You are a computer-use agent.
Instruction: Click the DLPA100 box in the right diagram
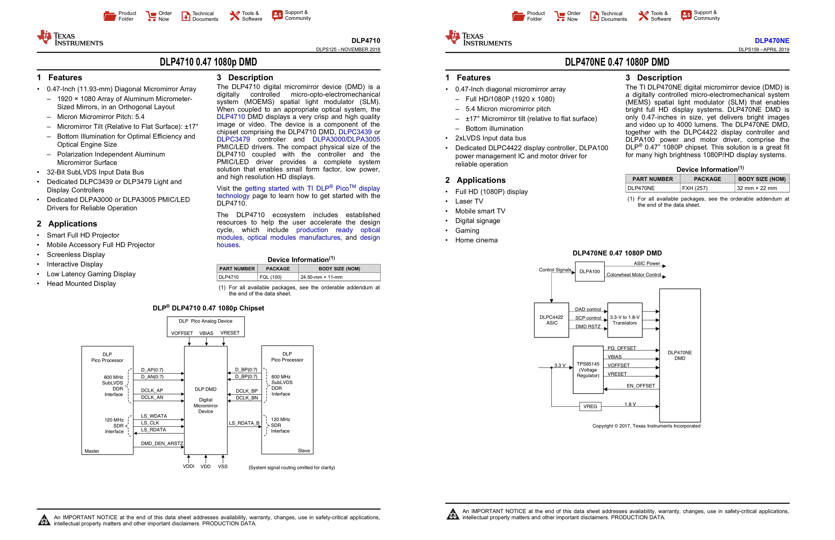589,271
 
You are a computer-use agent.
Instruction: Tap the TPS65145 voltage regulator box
588,370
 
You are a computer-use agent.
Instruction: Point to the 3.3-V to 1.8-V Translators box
625,320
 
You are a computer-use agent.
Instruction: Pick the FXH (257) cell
694,188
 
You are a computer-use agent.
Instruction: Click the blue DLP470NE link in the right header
772,41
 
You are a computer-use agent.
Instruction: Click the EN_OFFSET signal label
641,386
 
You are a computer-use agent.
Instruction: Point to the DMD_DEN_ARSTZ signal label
162,444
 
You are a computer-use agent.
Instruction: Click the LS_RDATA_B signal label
244,423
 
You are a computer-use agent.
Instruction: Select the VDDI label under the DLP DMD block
188,466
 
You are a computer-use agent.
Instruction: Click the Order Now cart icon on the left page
151,16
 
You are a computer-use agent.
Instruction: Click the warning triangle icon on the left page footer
44,520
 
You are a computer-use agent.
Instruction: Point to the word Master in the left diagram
92,451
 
